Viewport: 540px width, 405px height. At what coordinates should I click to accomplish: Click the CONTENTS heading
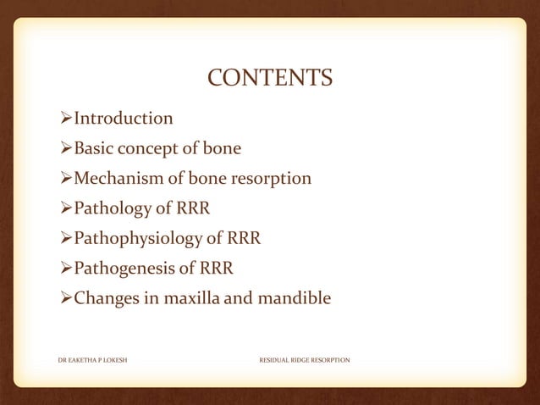(x=270, y=79)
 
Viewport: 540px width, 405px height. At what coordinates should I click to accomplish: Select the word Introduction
(x=124, y=118)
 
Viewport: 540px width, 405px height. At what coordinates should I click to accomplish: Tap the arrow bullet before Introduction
(x=66, y=118)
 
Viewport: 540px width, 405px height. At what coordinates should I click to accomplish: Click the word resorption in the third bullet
(x=270, y=180)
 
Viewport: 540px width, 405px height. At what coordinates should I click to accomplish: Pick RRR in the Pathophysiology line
(x=241, y=239)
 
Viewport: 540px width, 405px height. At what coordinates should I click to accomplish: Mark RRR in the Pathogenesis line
(x=218, y=269)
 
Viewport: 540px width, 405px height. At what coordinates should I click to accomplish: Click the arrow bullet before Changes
(x=66, y=298)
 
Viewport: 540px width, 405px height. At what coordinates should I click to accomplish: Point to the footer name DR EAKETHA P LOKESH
(x=92, y=360)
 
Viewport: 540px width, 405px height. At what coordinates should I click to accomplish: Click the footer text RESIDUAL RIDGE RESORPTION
(x=304, y=360)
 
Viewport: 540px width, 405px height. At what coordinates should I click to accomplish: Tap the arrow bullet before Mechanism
(x=66, y=179)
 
